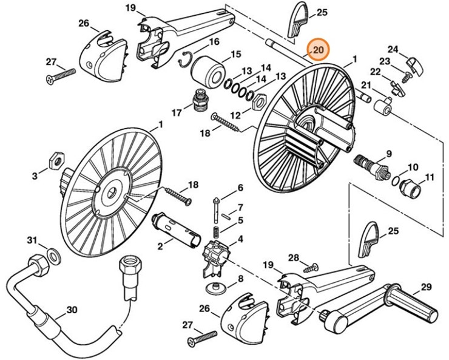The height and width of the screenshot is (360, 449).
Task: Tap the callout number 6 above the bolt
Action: pos(240,188)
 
